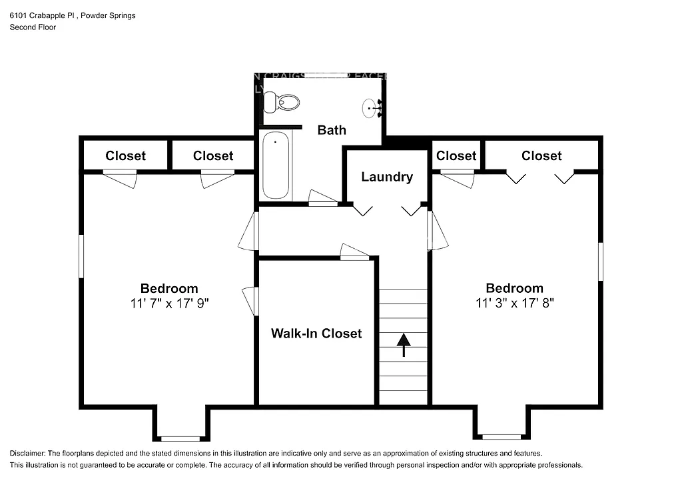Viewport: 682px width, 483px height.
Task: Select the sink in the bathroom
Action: click(370, 108)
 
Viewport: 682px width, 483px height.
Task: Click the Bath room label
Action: click(331, 129)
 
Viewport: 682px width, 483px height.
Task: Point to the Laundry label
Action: click(387, 177)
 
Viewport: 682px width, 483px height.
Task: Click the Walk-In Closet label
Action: click(316, 333)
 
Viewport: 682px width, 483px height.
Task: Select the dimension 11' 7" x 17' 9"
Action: click(169, 303)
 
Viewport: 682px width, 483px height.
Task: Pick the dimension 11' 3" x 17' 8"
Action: click(514, 302)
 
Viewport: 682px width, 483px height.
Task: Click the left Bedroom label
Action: click(169, 288)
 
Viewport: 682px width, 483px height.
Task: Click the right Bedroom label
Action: click(514, 288)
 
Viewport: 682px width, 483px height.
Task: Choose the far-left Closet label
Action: click(125, 155)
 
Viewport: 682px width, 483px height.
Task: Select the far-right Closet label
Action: click(541, 155)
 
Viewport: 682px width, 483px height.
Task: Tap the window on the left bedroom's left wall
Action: click(81, 256)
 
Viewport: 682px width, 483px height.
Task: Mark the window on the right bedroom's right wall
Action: click(600, 261)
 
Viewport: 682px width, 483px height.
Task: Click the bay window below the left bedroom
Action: click(180, 438)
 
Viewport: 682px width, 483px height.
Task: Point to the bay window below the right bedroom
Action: click(501, 437)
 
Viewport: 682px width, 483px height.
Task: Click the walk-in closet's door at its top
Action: click(354, 253)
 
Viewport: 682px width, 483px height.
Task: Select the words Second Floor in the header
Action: click(33, 27)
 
